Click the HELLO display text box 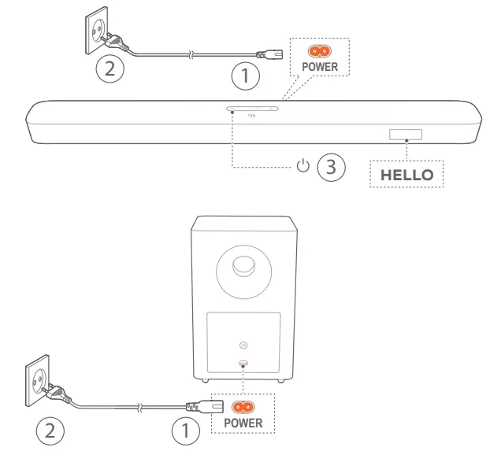point(406,174)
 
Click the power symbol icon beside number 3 point(303,166)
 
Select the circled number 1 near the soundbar point(246,76)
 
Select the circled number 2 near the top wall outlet point(110,68)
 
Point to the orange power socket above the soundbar point(319,51)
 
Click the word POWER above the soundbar point(320,67)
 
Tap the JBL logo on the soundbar point(252,118)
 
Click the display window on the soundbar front point(405,135)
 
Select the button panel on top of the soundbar point(252,109)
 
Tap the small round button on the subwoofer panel point(243,345)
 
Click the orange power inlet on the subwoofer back point(243,363)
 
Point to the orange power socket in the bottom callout point(243,406)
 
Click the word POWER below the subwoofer point(243,423)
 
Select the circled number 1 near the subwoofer point(185,431)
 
